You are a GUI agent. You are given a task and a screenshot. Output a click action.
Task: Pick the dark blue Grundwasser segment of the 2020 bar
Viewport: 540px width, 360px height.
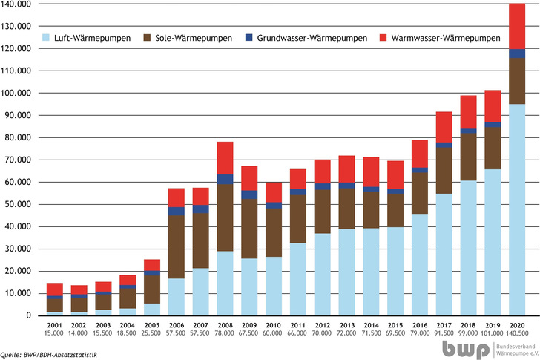coord(516,53)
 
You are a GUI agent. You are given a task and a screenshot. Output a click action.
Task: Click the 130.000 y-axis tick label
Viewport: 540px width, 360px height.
coord(17,26)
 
